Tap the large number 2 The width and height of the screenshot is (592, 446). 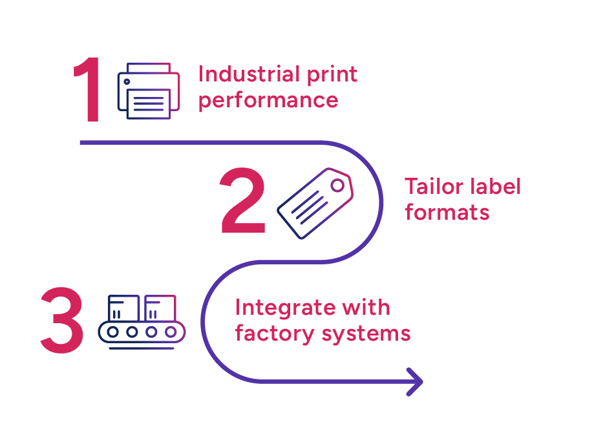click(x=243, y=201)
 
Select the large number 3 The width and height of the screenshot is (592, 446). click(x=62, y=321)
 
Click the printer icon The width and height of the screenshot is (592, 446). click(x=149, y=91)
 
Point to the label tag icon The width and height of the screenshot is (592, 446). click(x=315, y=204)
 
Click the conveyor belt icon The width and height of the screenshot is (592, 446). click(x=142, y=321)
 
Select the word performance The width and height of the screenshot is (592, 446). click(x=268, y=101)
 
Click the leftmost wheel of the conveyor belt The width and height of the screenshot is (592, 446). click(x=113, y=332)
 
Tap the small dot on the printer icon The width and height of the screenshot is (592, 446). click(x=127, y=81)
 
